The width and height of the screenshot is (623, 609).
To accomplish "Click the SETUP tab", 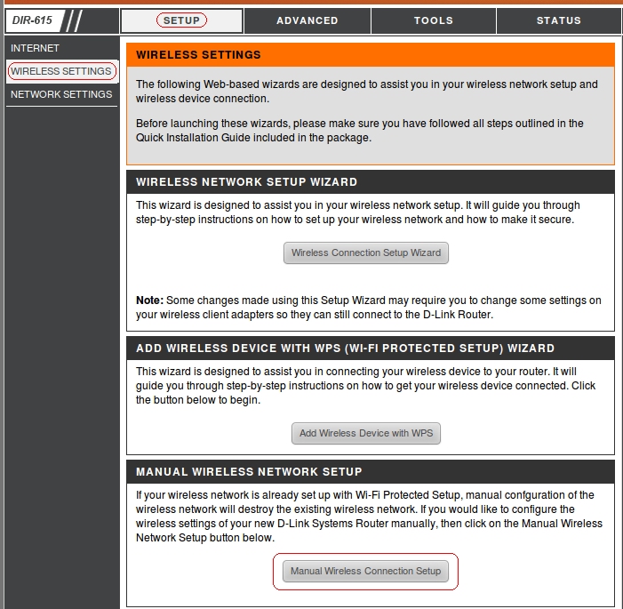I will point(181,20).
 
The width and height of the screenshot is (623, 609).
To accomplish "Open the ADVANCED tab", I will point(307,20).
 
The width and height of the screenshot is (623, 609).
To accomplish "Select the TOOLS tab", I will point(433,20).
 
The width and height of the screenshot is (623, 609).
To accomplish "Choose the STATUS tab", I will point(558,20).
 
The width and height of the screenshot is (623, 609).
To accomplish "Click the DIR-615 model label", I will point(33,20).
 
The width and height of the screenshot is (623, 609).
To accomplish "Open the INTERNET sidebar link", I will point(35,48).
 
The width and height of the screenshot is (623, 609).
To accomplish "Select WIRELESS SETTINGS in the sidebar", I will point(61,71).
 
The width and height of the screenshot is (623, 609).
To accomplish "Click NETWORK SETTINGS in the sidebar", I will point(61,94).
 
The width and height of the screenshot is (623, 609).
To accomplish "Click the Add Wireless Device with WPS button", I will point(365,433).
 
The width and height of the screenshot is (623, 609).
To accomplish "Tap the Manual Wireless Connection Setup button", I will point(365,571).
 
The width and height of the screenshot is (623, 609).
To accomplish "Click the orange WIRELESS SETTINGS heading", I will point(198,55).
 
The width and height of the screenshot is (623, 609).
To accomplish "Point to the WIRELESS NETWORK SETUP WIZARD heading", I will point(246,182).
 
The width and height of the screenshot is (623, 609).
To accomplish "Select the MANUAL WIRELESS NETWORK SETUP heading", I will point(249,471).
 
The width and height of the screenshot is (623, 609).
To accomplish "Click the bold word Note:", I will point(149,300).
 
